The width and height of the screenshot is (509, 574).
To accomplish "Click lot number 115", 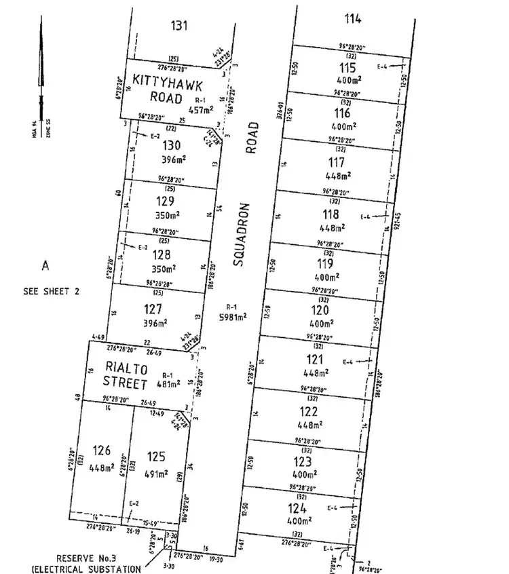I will (x=346, y=68).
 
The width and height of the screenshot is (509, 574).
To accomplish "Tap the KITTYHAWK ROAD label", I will (x=157, y=88).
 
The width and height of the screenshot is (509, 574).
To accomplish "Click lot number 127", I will (x=152, y=309).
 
